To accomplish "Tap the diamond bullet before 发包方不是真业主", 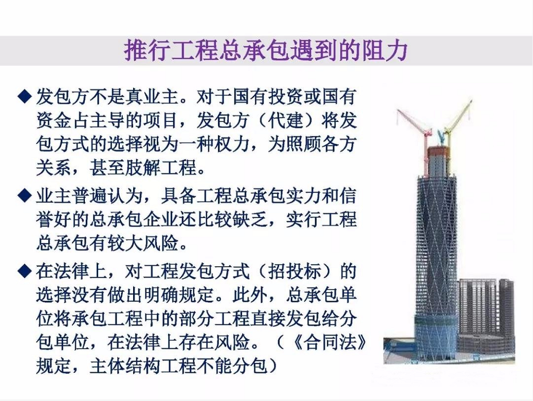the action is coord(25,96).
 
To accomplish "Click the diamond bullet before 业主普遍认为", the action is coord(25,195).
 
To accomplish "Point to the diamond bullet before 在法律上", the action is coord(25,271).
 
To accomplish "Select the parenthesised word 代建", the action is coord(286,120).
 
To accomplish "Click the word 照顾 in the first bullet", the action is coord(304,144).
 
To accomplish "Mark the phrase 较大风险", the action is coord(143,243).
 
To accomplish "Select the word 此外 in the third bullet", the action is coord(250,295).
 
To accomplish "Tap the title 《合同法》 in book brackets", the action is coord(330,342).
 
